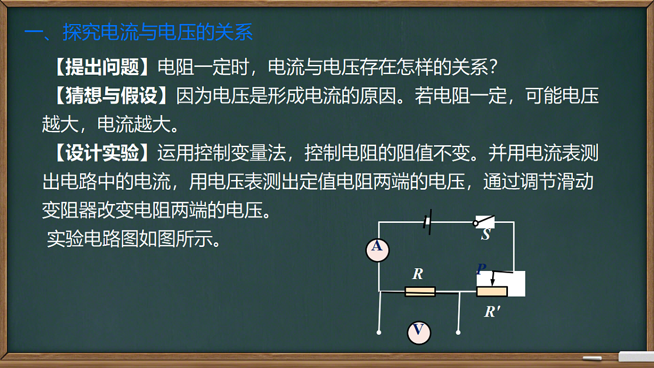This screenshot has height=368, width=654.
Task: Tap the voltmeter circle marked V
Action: click(419, 332)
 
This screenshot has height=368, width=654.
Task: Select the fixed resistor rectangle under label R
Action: click(420, 292)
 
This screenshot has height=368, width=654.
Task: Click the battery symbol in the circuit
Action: click(428, 223)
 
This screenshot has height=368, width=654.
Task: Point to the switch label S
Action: click(486, 236)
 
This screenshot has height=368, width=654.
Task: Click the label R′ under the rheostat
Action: click(493, 312)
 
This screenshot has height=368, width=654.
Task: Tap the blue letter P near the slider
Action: click(481, 269)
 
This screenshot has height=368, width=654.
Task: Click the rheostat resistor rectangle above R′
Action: click(492, 292)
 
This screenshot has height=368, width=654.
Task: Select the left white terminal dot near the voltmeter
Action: click(379, 331)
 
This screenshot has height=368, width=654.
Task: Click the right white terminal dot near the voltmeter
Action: click(458, 331)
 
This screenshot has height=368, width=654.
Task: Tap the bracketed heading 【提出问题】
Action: click(100, 68)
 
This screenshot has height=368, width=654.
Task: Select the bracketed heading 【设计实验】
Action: click(100, 154)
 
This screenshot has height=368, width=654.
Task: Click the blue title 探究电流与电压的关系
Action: click(158, 33)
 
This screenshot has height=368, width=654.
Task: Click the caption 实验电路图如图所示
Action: click(134, 239)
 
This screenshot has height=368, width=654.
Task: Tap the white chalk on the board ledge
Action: click(592, 358)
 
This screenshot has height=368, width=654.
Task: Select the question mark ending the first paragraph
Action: click(492, 68)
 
